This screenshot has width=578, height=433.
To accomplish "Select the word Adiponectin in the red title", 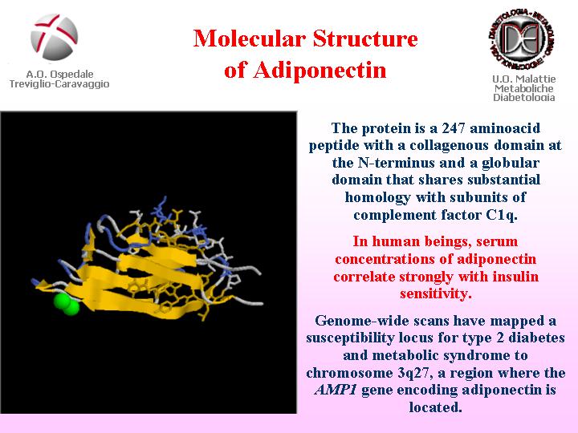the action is pos(320,70).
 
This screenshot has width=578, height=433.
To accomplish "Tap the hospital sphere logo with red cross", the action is pos(55,37).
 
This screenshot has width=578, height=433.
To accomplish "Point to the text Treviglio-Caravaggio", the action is pos(59,84).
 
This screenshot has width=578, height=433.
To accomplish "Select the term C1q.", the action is pos(502,214).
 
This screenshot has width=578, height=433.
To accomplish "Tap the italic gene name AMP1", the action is pos(336,390).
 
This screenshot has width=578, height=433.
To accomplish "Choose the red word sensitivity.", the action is pos(436,293).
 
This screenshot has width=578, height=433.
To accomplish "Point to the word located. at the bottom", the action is pos(435,407).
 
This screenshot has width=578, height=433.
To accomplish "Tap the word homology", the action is pos(377,198).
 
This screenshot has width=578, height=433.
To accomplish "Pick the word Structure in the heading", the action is pos(365,38).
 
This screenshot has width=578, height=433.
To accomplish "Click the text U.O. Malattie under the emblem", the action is pos(523,79).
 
